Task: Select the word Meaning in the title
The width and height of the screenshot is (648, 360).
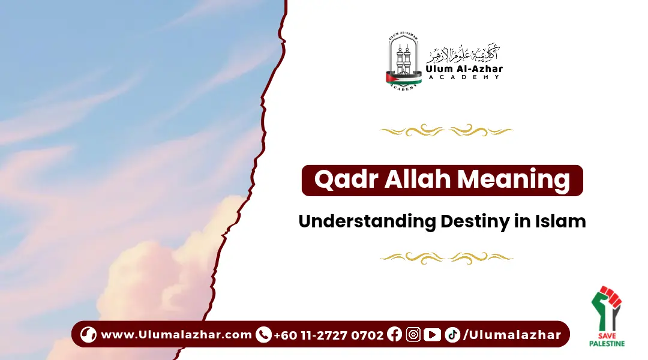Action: [x=521, y=181]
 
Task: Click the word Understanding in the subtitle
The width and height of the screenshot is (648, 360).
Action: [x=368, y=221]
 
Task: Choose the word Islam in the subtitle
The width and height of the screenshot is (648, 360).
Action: [x=561, y=221]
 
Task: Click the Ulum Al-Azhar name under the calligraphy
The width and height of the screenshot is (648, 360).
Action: [x=464, y=70]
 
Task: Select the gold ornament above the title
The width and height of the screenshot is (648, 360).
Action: [x=446, y=130]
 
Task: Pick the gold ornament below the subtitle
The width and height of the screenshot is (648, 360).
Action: [x=446, y=257]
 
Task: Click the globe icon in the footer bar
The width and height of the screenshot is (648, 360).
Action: [x=88, y=335]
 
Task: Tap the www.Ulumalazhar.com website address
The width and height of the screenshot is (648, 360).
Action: [x=176, y=335]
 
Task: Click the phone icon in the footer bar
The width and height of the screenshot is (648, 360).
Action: [x=263, y=335]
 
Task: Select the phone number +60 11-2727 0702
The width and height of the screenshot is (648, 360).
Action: [x=328, y=335]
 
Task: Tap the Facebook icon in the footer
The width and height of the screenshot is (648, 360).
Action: [x=394, y=335]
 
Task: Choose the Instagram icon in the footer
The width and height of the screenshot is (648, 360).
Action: [x=413, y=335]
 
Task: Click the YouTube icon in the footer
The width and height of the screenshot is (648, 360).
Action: [x=432, y=335]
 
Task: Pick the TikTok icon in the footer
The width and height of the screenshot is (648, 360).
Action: [x=452, y=335]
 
